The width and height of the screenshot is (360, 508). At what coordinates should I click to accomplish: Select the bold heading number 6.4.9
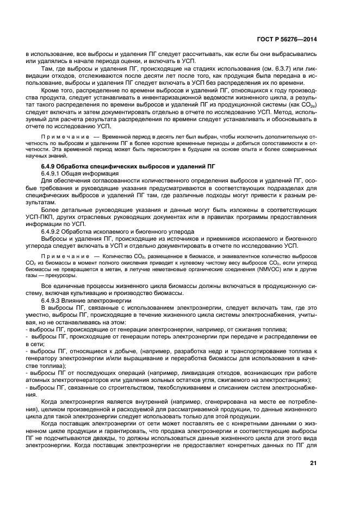(52, 165)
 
